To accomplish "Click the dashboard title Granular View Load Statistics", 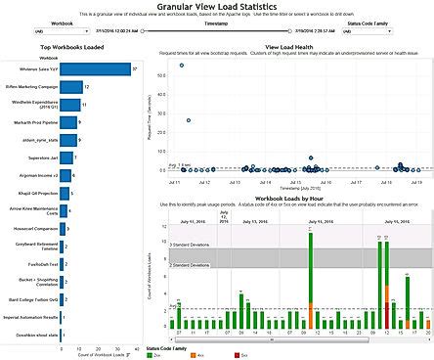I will [216, 7].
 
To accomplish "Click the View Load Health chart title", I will [293, 48].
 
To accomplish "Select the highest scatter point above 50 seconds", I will [182, 65].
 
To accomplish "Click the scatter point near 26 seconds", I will [188, 120].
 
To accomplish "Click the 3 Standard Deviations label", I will [193, 243].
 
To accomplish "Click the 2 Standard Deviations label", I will [193, 264].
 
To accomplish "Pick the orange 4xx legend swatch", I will [195, 355].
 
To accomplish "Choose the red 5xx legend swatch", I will [239, 355].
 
